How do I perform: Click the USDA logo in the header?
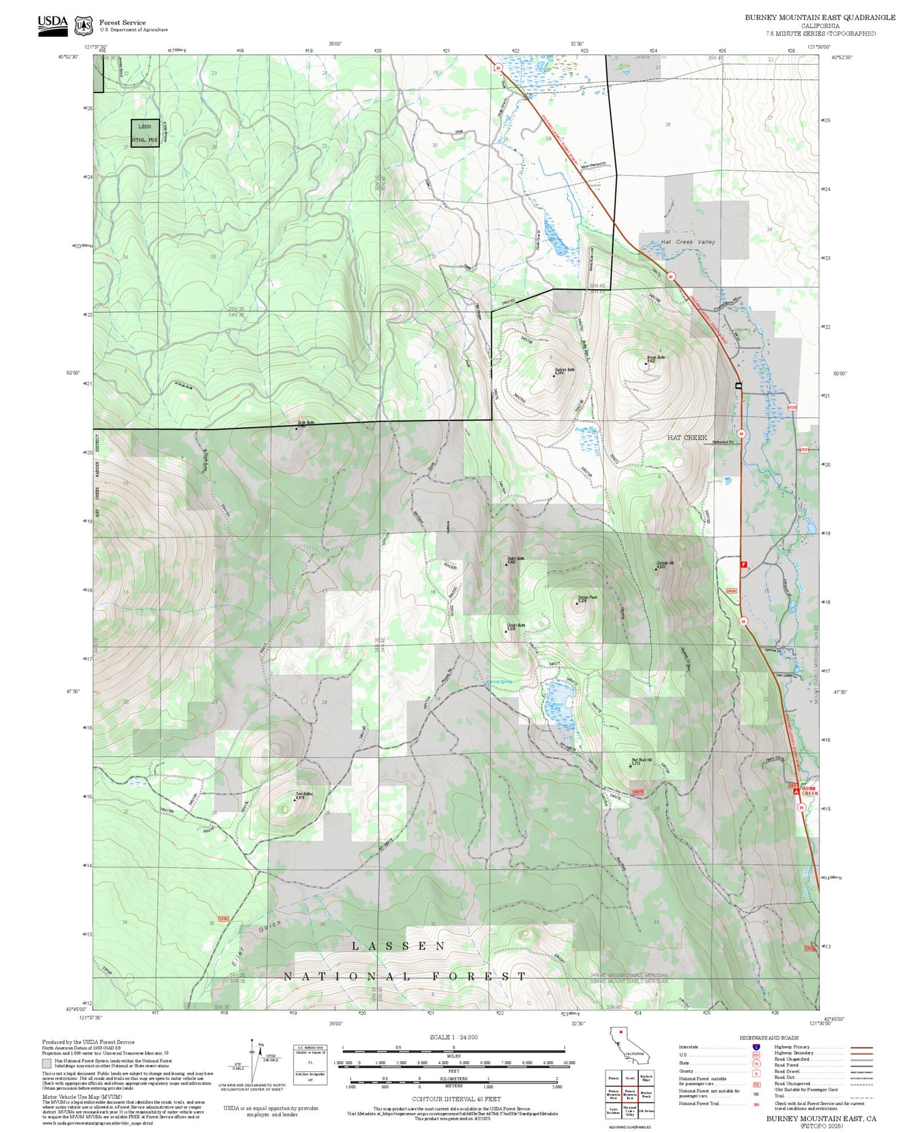point(52,25)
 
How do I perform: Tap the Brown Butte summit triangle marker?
point(646,363)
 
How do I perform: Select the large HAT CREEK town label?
point(687,438)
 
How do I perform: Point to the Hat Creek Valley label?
point(688,242)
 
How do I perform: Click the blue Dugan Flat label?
point(587,430)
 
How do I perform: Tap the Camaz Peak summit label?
point(587,598)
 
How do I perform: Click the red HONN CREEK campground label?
point(810,790)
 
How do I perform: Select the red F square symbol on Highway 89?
point(743,565)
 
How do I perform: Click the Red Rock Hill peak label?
point(641,760)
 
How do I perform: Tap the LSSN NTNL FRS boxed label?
point(145,133)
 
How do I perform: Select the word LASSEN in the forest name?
point(399,946)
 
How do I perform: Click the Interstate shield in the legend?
point(756,1047)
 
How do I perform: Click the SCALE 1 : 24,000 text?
point(453,1037)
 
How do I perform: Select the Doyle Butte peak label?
point(306,424)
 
